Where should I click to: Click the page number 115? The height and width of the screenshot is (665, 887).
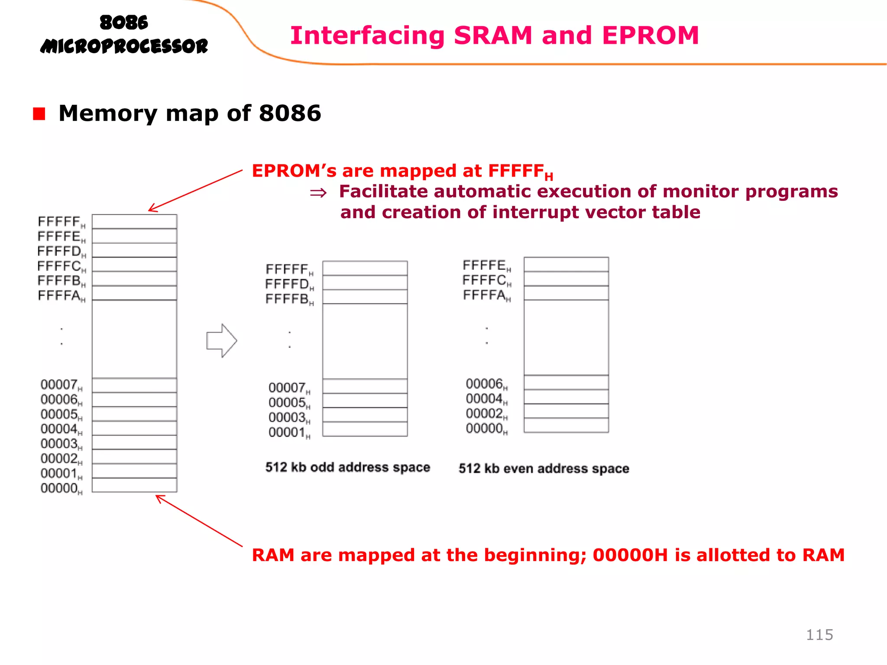[x=819, y=635]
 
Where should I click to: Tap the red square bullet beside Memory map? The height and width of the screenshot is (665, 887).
[x=39, y=114]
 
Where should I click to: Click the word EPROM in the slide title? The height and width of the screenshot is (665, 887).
[x=650, y=36]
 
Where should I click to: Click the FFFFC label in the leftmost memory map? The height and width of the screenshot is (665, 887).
[x=59, y=266]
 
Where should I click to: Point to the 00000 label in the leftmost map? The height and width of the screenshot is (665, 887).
[x=59, y=488]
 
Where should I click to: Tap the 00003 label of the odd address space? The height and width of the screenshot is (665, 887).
[x=288, y=417]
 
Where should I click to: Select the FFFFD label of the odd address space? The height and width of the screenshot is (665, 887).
[x=287, y=284]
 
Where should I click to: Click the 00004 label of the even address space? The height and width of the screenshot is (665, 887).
[x=485, y=398]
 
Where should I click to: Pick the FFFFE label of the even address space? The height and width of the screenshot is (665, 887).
[x=485, y=265]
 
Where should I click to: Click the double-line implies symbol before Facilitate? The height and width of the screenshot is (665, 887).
[x=318, y=193]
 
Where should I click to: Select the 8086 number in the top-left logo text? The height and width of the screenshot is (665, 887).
[x=123, y=23]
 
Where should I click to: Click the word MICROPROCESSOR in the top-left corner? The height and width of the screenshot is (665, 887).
[x=124, y=46]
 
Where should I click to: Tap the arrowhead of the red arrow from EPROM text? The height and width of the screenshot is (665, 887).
[x=150, y=210]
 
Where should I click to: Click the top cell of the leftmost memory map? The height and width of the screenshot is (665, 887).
[x=134, y=221]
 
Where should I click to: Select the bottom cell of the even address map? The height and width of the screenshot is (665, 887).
[x=566, y=425]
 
